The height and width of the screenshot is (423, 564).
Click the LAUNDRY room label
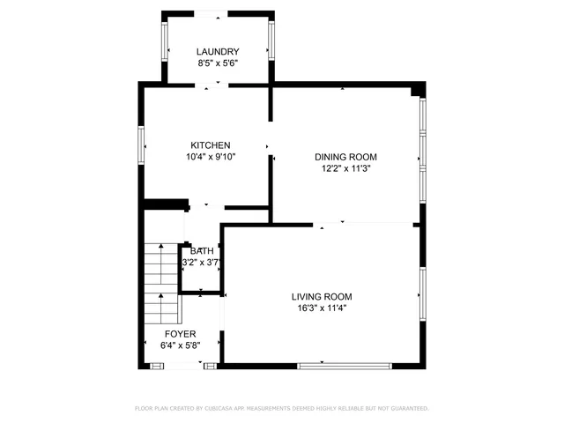coord(218,52)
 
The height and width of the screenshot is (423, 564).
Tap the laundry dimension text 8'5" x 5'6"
coord(218,63)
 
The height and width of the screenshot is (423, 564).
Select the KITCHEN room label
coord(211,145)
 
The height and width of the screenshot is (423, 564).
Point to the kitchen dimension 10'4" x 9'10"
coord(211,157)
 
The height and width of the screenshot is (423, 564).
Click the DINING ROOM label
coord(344,157)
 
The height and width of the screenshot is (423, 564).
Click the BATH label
coord(202,251)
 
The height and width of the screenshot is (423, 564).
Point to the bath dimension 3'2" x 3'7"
coord(199,263)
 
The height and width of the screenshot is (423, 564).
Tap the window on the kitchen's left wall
coord(141,145)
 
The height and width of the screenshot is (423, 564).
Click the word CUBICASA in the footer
coord(218,409)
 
